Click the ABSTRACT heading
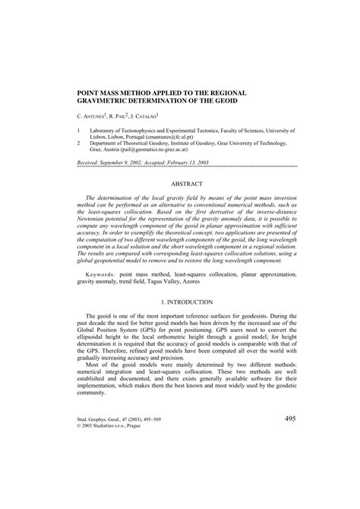pyautogui.click(x=187, y=185)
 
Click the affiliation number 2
pyautogui.click(x=79, y=142)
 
